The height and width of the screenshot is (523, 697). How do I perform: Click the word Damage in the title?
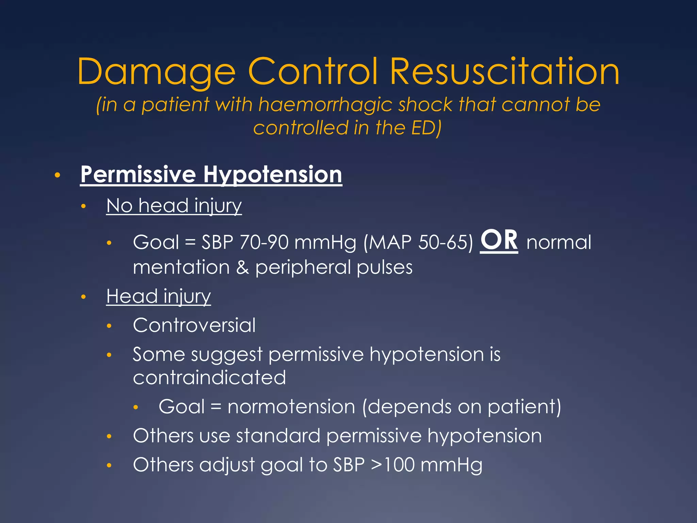coord(157,72)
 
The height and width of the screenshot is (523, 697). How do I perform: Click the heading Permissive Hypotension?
coord(211,174)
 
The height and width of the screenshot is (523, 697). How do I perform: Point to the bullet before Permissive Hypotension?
coord(57,175)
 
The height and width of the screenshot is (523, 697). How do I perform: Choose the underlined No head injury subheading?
coord(174,206)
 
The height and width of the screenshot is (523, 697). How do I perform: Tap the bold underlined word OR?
coord(499,240)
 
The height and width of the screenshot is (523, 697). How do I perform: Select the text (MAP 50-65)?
coord(418,243)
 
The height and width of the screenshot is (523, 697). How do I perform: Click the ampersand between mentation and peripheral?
coord(242,267)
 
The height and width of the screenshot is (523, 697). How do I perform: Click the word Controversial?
coord(194,325)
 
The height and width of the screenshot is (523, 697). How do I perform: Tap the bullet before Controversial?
coord(109,326)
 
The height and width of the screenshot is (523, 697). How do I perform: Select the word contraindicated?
coord(209,378)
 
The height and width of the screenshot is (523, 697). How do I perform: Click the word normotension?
coord(291,407)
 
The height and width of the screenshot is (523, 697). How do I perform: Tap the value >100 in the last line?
coord(393,465)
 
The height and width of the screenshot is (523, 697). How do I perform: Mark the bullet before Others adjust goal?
coord(109,465)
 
